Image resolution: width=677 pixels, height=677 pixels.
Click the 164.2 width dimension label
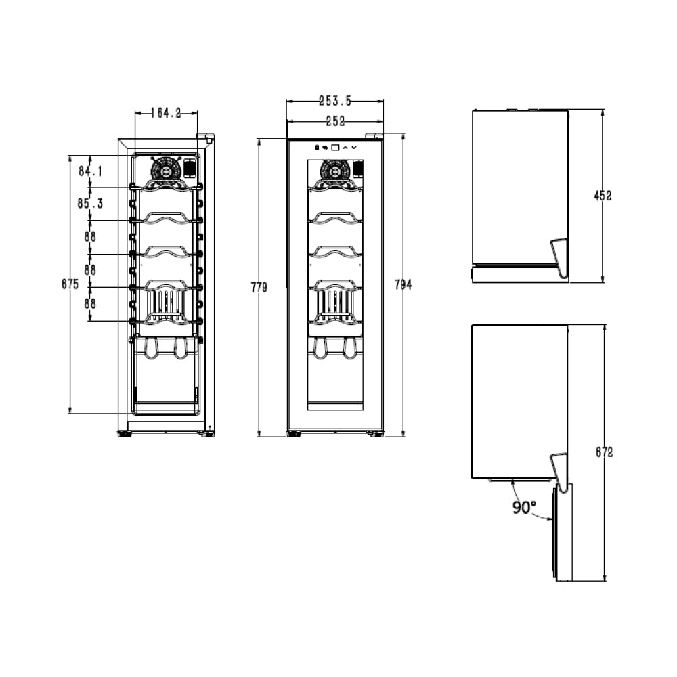pos(166,113)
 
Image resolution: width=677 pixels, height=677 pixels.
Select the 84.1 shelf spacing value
pos(90,171)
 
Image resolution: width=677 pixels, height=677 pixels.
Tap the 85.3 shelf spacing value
pos(90,203)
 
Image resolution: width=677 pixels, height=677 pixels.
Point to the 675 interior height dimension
pos(70,284)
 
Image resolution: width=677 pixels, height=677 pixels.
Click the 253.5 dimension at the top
pos(335,101)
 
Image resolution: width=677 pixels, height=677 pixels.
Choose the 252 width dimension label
pos(336,121)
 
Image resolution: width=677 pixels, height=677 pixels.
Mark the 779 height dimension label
pos(259,288)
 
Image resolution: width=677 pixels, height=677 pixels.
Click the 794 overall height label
pos(403,284)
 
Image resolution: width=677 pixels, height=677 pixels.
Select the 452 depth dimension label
pos(603,196)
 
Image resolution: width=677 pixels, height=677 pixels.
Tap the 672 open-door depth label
pos(605,452)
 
